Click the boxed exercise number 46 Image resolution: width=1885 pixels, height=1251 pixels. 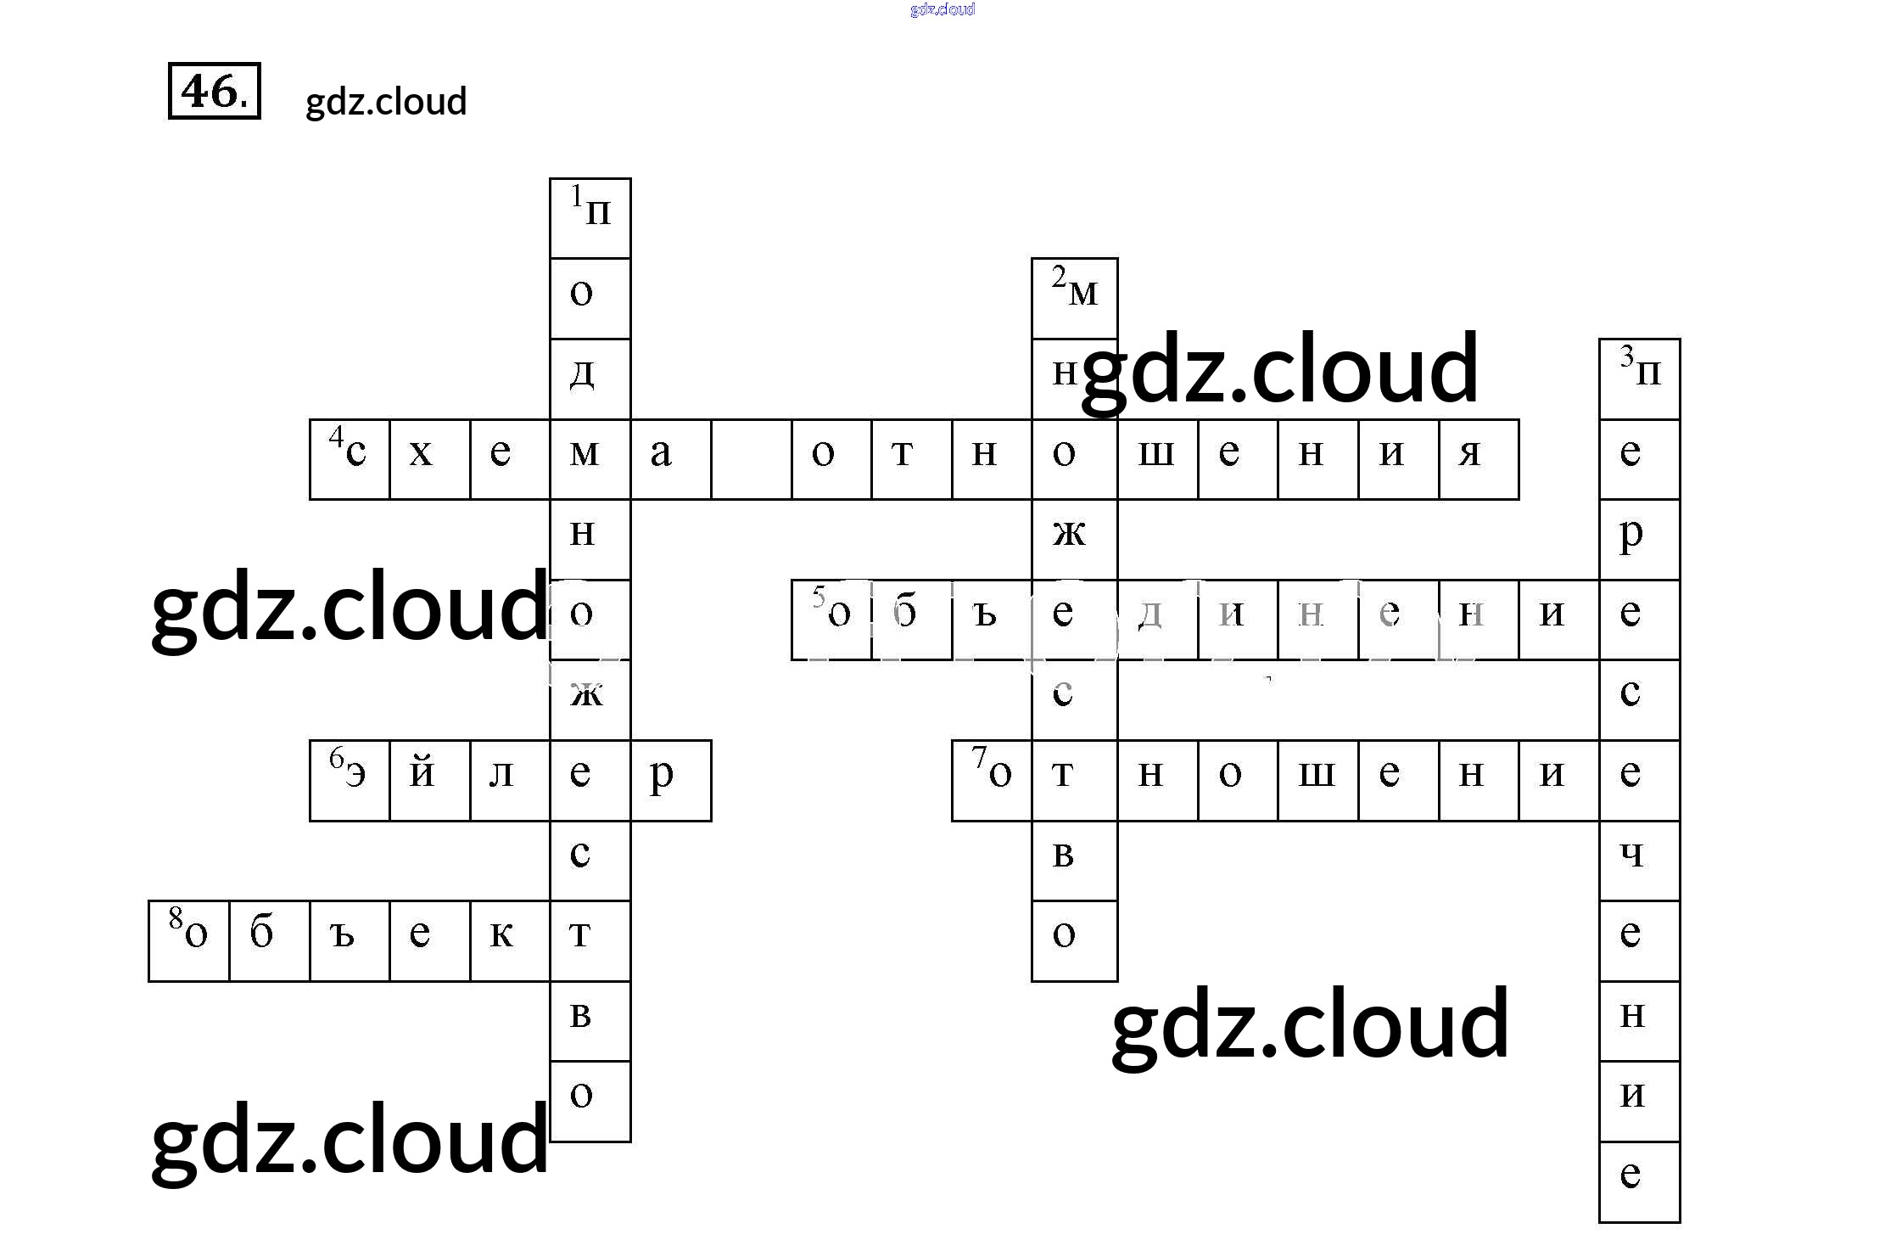[214, 91]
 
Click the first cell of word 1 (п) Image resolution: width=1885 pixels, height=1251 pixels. [590, 218]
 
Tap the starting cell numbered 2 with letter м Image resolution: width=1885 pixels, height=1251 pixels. [1074, 298]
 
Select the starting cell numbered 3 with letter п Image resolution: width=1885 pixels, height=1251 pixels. [1639, 379]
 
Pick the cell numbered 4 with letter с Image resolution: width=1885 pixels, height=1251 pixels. [350, 459]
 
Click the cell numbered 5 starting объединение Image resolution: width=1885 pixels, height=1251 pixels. [831, 620]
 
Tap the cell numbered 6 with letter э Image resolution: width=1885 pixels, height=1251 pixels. [350, 780]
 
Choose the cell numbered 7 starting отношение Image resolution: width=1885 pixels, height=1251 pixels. [992, 780]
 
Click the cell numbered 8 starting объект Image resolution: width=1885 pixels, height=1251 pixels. [188, 940]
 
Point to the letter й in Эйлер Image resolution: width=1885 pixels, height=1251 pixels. [429, 780]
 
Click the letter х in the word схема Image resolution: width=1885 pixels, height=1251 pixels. [429, 459]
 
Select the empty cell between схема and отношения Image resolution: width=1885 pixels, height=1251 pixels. [751, 459]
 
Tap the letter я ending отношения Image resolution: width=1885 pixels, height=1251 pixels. [1478, 459]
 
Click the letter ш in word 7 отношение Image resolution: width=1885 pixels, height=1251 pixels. [1317, 780]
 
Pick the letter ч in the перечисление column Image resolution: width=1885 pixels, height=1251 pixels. [1639, 860]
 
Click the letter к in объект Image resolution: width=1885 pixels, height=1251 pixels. [510, 940]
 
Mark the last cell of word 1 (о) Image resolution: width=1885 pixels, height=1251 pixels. [590, 1101]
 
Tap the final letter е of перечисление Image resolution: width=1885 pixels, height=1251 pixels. [1639, 1181]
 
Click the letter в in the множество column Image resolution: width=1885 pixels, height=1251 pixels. [1074, 860]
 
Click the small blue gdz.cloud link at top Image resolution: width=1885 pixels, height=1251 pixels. [942, 9]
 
